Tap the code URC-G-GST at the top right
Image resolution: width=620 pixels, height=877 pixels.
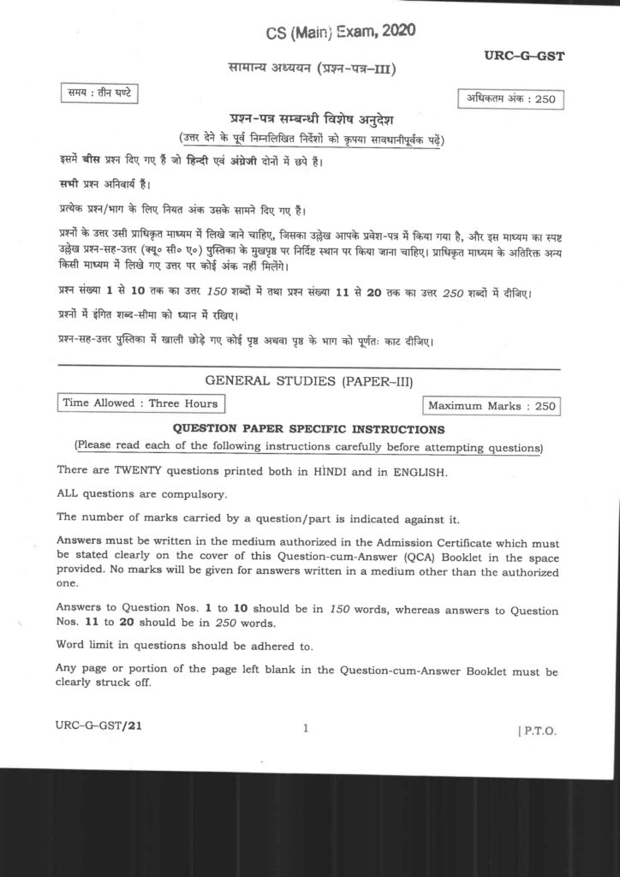tap(523, 57)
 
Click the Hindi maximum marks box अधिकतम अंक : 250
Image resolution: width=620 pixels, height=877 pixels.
tap(510, 98)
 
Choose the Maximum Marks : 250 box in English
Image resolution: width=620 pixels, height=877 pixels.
tap(492, 406)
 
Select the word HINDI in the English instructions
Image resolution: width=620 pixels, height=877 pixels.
tap(355, 470)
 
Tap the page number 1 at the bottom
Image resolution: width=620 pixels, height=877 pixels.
tap(306, 729)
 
